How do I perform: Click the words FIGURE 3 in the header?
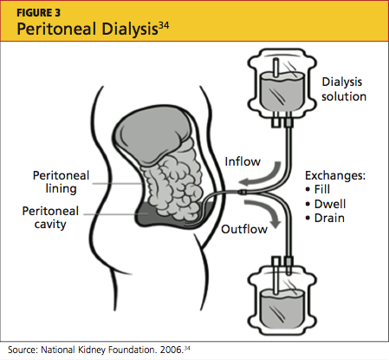click(x=39, y=13)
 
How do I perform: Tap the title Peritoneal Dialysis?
click(x=88, y=29)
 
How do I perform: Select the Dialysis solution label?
click(x=344, y=89)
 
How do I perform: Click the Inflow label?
click(x=243, y=161)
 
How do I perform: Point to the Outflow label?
click(x=244, y=229)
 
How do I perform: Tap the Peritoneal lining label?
click(x=61, y=182)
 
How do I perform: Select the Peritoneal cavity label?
click(x=50, y=218)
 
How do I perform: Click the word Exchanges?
click(x=335, y=175)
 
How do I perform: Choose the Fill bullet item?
click(x=318, y=189)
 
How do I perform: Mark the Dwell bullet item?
click(x=326, y=204)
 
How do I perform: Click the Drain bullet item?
click(x=325, y=218)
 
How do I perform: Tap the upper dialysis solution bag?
click(x=282, y=87)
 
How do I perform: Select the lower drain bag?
click(x=282, y=297)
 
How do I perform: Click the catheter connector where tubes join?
click(x=243, y=192)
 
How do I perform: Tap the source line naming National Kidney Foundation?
click(x=99, y=350)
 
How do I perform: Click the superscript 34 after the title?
click(x=164, y=25)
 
